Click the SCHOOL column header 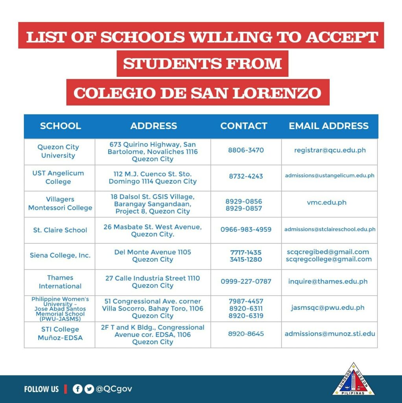pos(60,126)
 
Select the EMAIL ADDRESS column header pos(328,126)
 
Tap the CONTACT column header pos(243,126)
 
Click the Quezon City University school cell pos(58,151)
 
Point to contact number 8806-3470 pos(246,150)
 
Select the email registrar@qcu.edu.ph pos(330,150)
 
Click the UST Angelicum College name pos(58,177)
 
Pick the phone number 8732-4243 pos(246,176)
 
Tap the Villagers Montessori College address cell pos(153,203)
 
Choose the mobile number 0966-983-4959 pos(246,229)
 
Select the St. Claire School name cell pos(60,230)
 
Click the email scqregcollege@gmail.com pos(328,259)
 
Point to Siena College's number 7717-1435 pos(246,252)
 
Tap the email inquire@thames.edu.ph pos(328,281)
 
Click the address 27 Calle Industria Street pos(153,278)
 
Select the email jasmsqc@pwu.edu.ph pos(328,308)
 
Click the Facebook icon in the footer pos(77,389)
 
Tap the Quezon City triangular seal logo pos(354,379)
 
